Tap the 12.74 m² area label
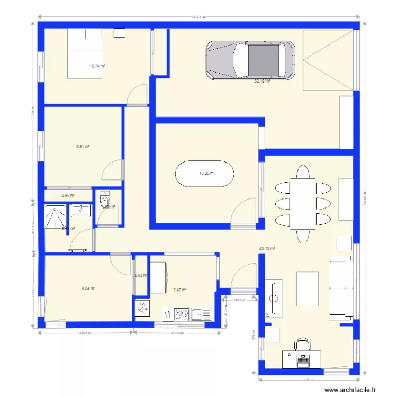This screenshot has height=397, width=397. [97, 66]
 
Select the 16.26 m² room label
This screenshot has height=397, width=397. [206, 173]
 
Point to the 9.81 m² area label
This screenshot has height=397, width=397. [83, 146]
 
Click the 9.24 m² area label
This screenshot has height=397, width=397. [88, 288]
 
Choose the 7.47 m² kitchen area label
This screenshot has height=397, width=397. [180, 290]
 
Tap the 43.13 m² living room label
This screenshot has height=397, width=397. [266, 248]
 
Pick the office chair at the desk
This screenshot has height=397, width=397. [303, 345]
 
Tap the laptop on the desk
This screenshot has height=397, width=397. [303, 360]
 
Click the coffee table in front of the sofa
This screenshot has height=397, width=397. [308, 288]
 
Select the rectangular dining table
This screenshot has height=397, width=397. [303, 204]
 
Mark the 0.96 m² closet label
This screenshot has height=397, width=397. [68, 195]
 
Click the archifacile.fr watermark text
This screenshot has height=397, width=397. [350, 390]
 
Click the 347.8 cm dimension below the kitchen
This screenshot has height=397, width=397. [177, 333]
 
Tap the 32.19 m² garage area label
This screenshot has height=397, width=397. [262, 82]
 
